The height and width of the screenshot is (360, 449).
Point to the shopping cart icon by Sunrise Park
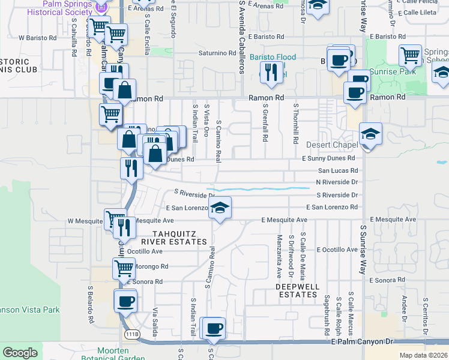click(410, 56)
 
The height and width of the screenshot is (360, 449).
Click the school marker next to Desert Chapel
click(370, 134)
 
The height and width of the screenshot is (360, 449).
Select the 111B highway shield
click(132, 334)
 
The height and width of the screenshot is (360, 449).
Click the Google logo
click(20, 353)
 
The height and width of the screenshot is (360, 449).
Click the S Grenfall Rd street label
click(265, 122)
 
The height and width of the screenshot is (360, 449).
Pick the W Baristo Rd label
click(37, 37)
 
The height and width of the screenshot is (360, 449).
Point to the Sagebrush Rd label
click(327, 314)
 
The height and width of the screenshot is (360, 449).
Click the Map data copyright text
click(423, 355)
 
